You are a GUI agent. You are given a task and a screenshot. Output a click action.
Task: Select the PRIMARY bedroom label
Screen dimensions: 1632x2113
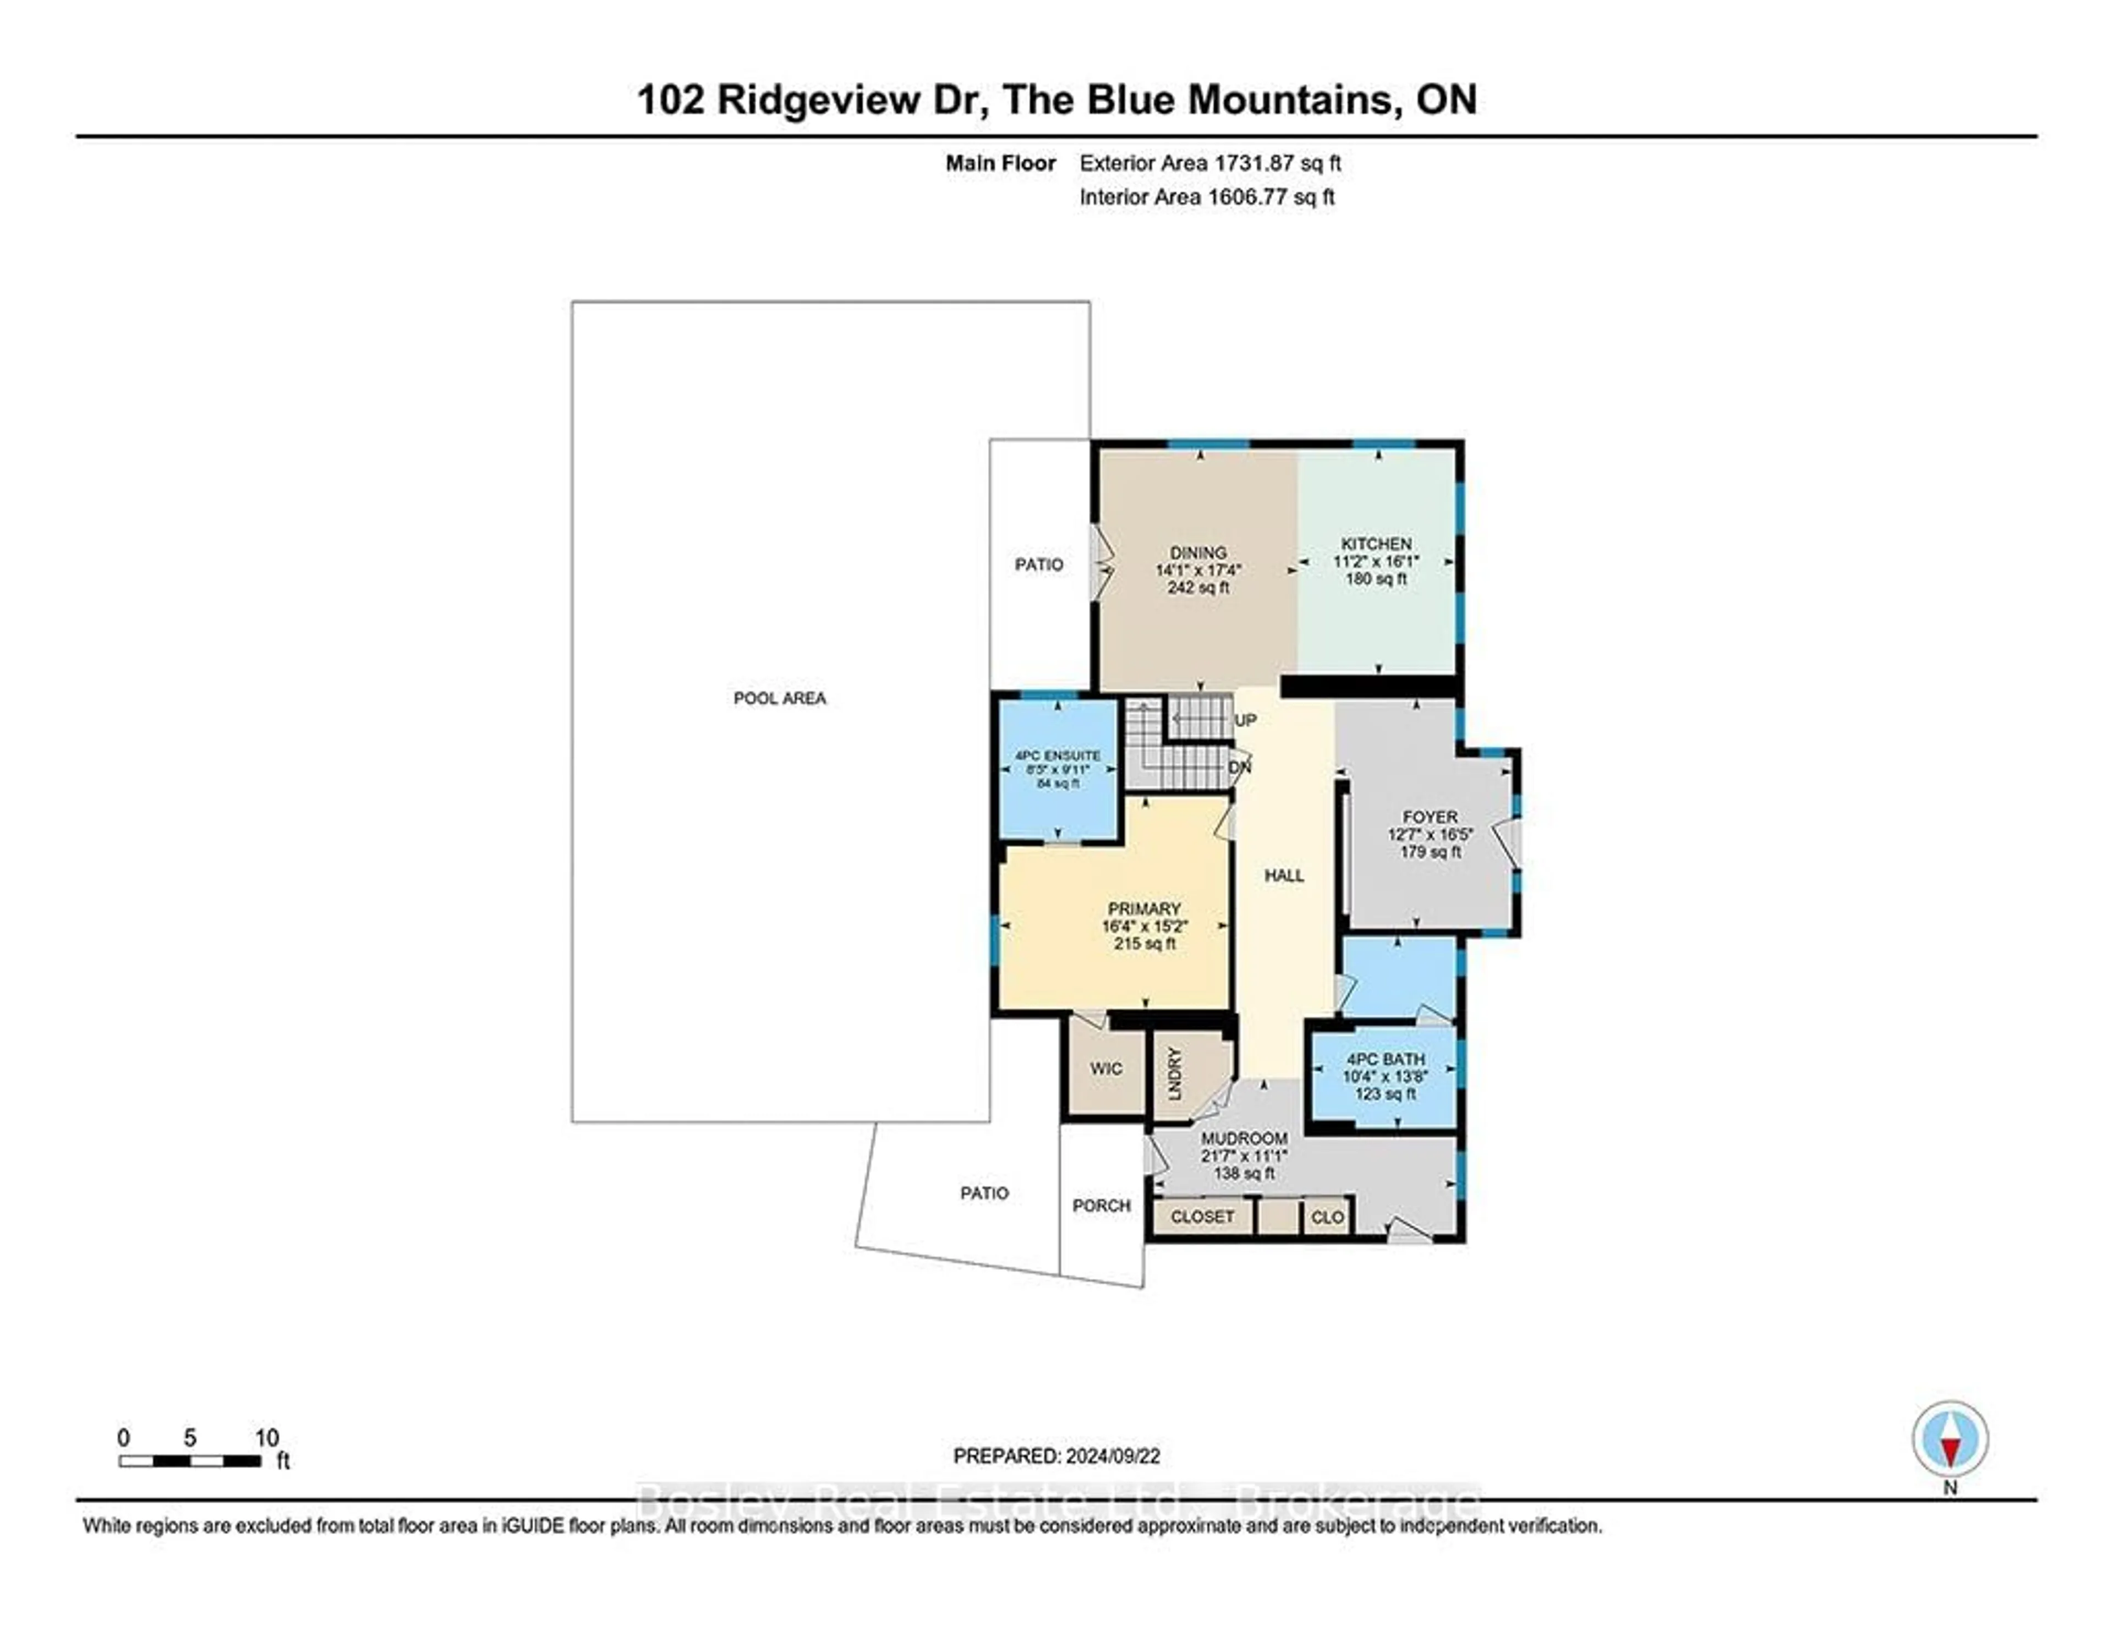[x=1143, y=908]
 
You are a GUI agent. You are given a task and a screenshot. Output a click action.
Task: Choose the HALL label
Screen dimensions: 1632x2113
[x=1284, y=875]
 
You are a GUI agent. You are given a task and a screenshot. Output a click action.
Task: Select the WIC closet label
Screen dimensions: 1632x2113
[x=1106, y=1068]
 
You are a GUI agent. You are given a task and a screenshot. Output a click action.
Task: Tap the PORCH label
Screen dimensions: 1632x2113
[x=1101, y=1206]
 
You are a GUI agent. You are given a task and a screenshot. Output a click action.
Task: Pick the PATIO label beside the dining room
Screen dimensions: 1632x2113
[x=1038, y=564]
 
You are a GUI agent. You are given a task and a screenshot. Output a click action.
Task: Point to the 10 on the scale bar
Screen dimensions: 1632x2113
[x=267, y=1438]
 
